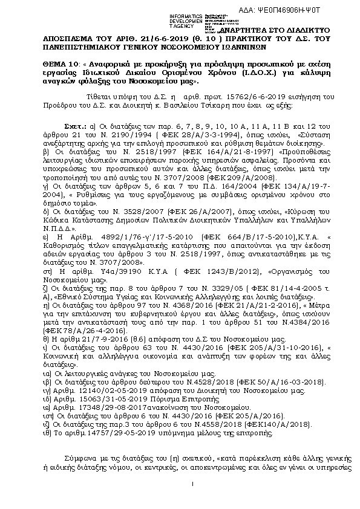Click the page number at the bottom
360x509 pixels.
pos(191,484)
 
